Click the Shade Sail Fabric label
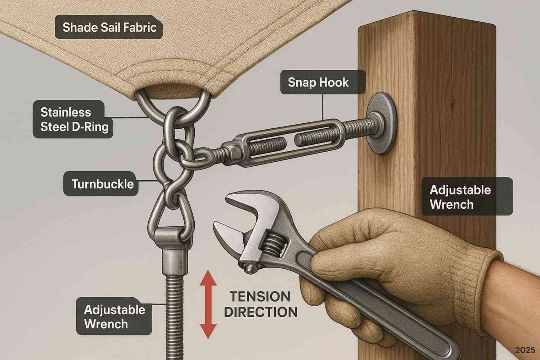109,27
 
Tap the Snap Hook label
323,82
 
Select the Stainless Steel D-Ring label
73,119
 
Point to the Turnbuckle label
101,184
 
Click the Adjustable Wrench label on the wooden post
467,197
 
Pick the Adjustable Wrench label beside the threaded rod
114,316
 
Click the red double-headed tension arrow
208,305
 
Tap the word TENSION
260,296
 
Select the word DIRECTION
261,312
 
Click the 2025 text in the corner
525,350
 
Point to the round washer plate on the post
381,123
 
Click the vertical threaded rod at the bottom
173,318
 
